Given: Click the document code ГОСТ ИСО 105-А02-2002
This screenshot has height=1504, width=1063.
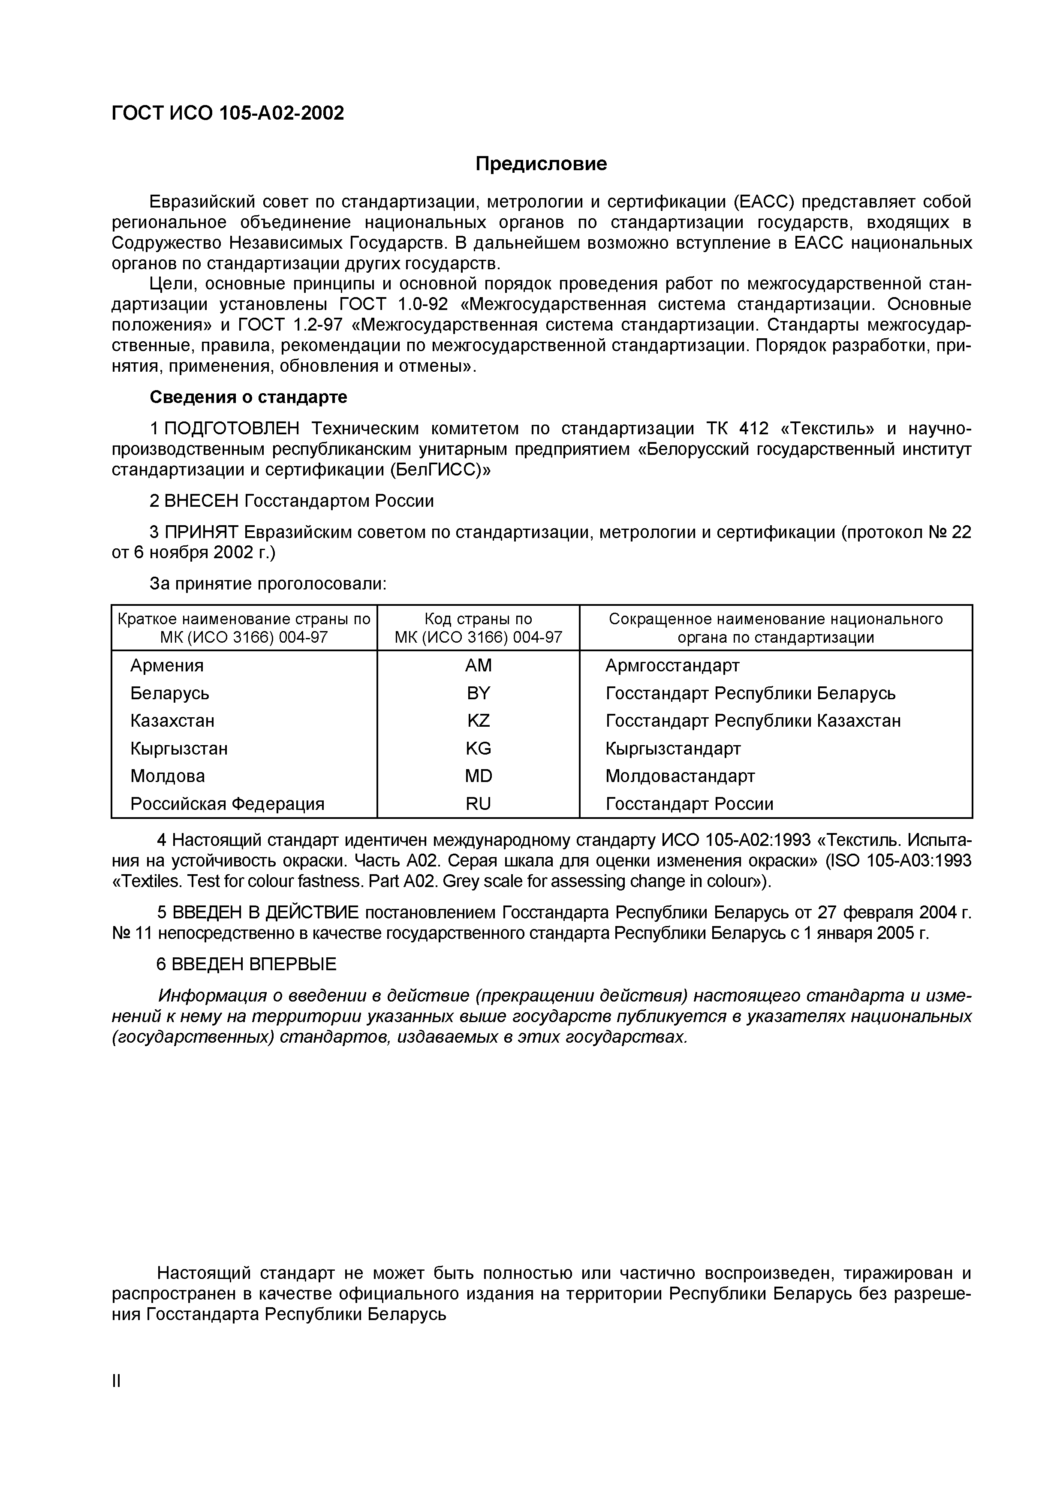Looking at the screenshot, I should click(228, 113).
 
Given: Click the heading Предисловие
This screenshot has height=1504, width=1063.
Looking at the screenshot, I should click(541, 164).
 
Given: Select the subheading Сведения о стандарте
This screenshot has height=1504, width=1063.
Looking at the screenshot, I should click(248, 397).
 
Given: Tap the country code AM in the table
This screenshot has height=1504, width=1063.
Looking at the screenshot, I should click(478, 665).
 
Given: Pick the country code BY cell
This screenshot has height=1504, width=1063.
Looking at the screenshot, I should click(478, 693).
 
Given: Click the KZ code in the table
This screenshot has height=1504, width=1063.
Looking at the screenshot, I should click(478, 721).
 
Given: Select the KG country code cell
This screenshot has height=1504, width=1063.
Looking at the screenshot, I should click(478, 748).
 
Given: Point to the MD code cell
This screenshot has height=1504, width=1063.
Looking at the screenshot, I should click(478, 776).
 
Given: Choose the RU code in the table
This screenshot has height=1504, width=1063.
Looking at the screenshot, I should click(478, 804).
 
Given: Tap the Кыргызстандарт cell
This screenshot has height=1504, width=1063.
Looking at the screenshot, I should click(673, 748).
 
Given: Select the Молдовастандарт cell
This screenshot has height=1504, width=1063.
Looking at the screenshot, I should click(680, 776).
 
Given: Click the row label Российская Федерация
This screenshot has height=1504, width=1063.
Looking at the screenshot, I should click(227, 804).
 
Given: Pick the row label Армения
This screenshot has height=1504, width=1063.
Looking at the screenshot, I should click(167, 665).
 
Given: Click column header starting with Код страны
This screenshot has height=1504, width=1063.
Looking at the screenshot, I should click(478, 628).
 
